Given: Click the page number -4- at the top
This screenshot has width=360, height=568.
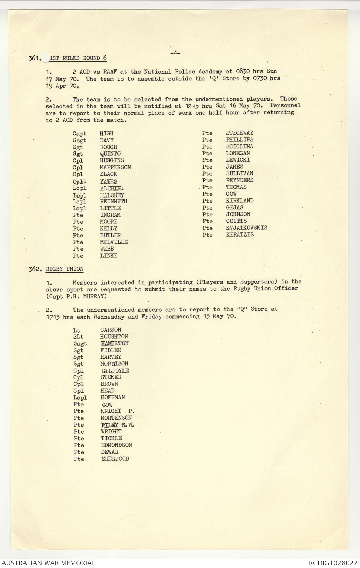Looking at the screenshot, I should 175,53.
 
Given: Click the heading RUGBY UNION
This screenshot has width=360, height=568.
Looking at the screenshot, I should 65,269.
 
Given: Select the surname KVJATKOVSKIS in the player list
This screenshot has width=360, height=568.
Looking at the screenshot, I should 246,228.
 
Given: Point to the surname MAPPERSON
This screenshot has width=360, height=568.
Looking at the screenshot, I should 115,167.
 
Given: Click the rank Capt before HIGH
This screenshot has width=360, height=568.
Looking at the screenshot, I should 79,134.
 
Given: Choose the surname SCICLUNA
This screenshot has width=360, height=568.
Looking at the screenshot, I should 239,147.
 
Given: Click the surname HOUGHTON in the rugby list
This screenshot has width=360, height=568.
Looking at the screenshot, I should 114,337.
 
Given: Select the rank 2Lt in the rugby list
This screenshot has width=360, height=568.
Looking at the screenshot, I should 78,337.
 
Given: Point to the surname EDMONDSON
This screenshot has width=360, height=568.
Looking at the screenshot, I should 116,445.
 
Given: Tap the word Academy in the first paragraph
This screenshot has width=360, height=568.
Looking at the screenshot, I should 210,72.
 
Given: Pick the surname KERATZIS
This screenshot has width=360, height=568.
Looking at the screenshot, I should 240,235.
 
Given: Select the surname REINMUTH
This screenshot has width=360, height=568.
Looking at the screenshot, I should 114,201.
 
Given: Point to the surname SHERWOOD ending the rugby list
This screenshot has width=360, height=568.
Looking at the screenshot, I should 115,459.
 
